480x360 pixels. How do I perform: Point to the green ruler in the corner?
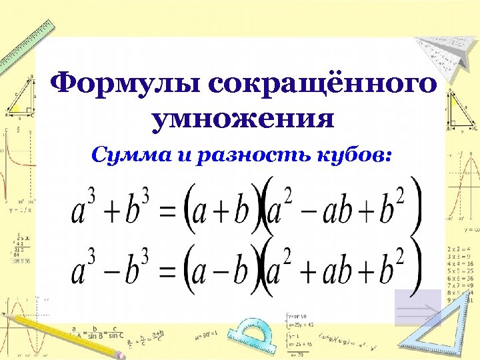point(27,40)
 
